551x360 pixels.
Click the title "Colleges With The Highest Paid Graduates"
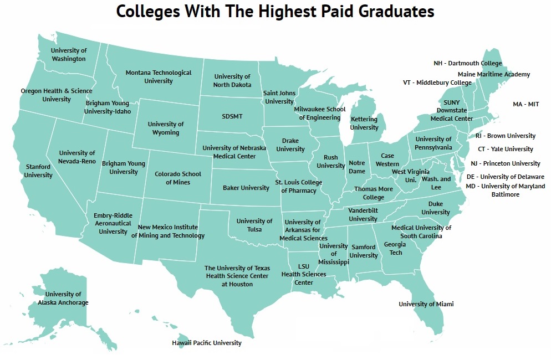tap(275, 12)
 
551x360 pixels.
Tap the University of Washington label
tap(69, 55)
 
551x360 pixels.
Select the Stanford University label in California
tap(38, 171)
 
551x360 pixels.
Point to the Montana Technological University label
tap(159, 76)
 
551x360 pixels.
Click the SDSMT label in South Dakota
tap(232, 117)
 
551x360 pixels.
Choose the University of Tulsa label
tap(254, 225)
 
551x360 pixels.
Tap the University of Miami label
tap(426, 304)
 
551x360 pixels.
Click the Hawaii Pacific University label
tap(207, 343)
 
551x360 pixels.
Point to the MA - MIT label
tap(526, 104)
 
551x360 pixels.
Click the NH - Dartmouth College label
tap(467, 63)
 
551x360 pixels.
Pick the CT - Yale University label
tap(506, 149)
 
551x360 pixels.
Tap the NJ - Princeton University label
tap(505, 163)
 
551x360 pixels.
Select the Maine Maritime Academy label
tap(493, 74)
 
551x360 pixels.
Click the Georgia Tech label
tap(395, 249)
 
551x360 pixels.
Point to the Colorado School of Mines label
tap(178, 178)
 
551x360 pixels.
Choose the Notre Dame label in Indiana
tap(357, 167)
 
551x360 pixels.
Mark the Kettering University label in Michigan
tap(364, 124)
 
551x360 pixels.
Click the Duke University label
tap(436, 208)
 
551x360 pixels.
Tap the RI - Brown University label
tap(506, 136)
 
